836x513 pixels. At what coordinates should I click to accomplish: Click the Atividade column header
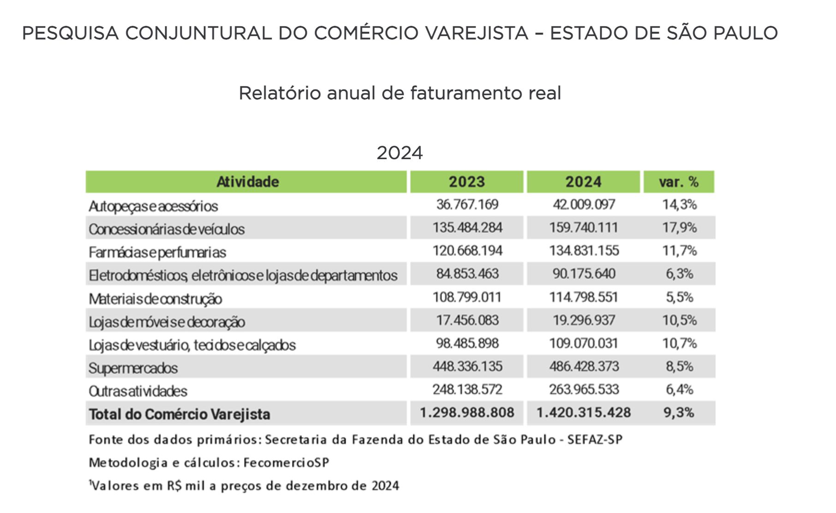click(x=247, y=182)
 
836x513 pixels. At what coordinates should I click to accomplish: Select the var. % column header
click(x=678, y=182)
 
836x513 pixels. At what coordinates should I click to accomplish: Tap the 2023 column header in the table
click(x=466, y=182)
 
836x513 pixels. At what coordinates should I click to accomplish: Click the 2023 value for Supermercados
click(x=467, y=366)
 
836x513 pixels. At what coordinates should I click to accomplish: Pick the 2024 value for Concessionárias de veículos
click(x=584, y=227)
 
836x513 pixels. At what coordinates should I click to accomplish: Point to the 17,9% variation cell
click(x=679, y=227)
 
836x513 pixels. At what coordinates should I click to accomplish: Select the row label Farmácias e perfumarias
click(x=157, y=252)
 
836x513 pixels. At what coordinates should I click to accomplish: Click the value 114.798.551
click(x=584, y=297)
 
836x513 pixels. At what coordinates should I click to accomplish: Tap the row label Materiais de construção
click(x=155, y=299)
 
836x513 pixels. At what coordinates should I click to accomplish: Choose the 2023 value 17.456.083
click(x=467, y=320)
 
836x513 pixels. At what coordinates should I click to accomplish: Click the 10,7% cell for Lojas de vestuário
click(x=679, y=343)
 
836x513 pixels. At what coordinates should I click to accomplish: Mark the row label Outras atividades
click(x=138, y=391)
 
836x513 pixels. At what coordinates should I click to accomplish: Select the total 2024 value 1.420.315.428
click(x=583, y=412)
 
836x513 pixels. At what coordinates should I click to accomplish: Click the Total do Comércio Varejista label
click(x=179, y=414)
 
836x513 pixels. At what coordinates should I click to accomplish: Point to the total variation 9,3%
click(x=678, y=412)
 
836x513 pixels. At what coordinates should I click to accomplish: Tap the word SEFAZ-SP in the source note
click(x=595, y=440)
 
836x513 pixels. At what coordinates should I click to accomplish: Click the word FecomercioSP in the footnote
click(x=286, y=463)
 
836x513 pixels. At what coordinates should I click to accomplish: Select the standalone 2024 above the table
click(x=400, y=153)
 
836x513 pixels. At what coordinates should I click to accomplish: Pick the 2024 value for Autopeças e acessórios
click(x=584, y=204)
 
